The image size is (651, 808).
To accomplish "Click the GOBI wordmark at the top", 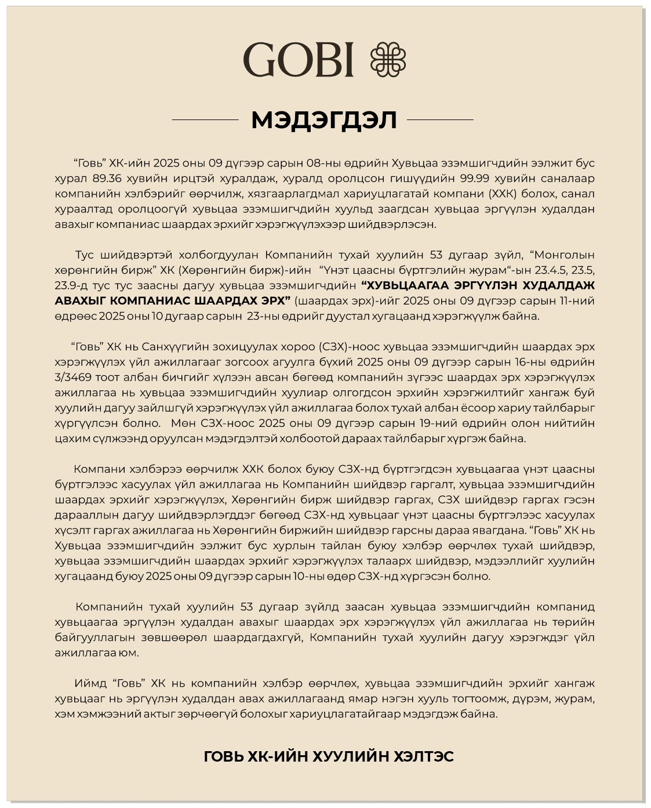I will pyautogui.click(x=298, y=59).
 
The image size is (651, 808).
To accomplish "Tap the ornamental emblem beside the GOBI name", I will pyautogui.click(x=388, y=59).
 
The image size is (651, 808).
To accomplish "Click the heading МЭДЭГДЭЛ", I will pyautogui.click(x=323, y=120).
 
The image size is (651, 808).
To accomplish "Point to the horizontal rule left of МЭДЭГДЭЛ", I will pyautogui.click(x=205, y=120).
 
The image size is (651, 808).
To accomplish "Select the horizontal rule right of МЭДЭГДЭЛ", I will pyautogui.click(x=440, y=120).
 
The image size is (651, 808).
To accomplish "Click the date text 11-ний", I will pyautogui.click(x=574, y=300).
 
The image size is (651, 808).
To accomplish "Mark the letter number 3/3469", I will pyautogui.click(x=72, y=378).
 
